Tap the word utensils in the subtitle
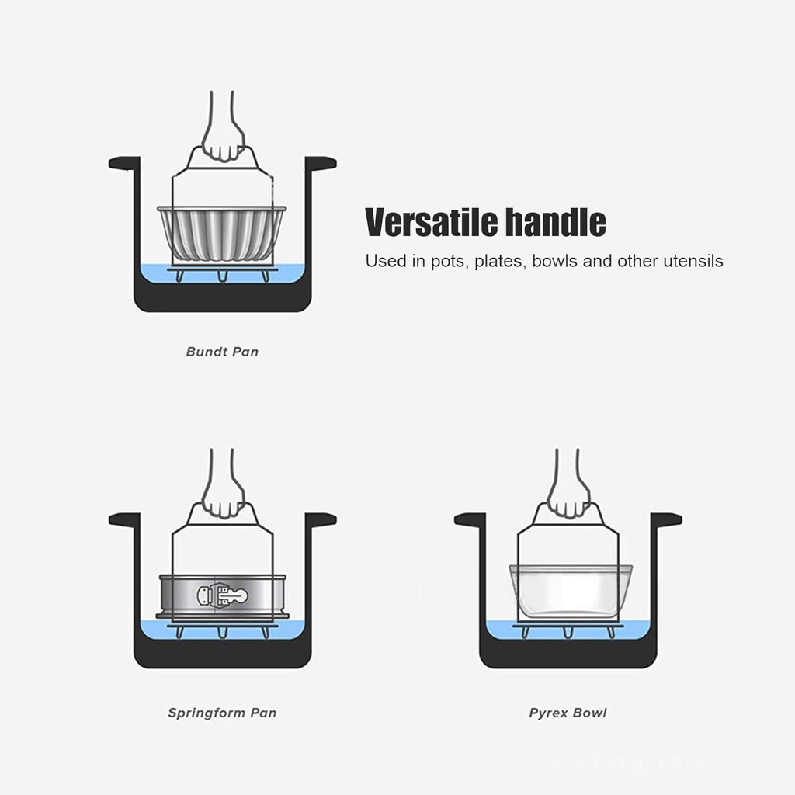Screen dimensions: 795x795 (693, 261)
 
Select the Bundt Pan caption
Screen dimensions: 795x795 (222, 352)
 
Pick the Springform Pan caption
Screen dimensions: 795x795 (222, 713)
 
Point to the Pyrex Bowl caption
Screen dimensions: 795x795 (568, 713)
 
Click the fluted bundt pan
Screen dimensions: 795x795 (222, 233)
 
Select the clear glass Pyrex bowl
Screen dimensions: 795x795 (570, 592)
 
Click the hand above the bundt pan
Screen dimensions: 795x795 (223, 140)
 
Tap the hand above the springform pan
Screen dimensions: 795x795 (223, 497)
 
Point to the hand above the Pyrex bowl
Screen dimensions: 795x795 (568, 497)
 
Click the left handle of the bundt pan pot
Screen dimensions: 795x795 (123, 163)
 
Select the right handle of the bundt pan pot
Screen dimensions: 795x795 (321, 163)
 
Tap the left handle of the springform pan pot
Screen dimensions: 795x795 (123, 519)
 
